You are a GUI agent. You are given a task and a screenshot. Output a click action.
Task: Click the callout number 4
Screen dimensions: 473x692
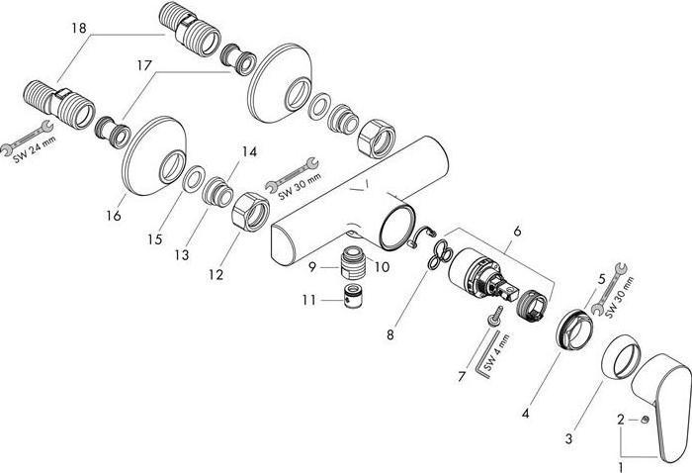pyautogui.click(x=527, y=411)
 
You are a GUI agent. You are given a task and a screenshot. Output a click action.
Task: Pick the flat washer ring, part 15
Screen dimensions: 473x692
pyautogui.click(x=196, y=179)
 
